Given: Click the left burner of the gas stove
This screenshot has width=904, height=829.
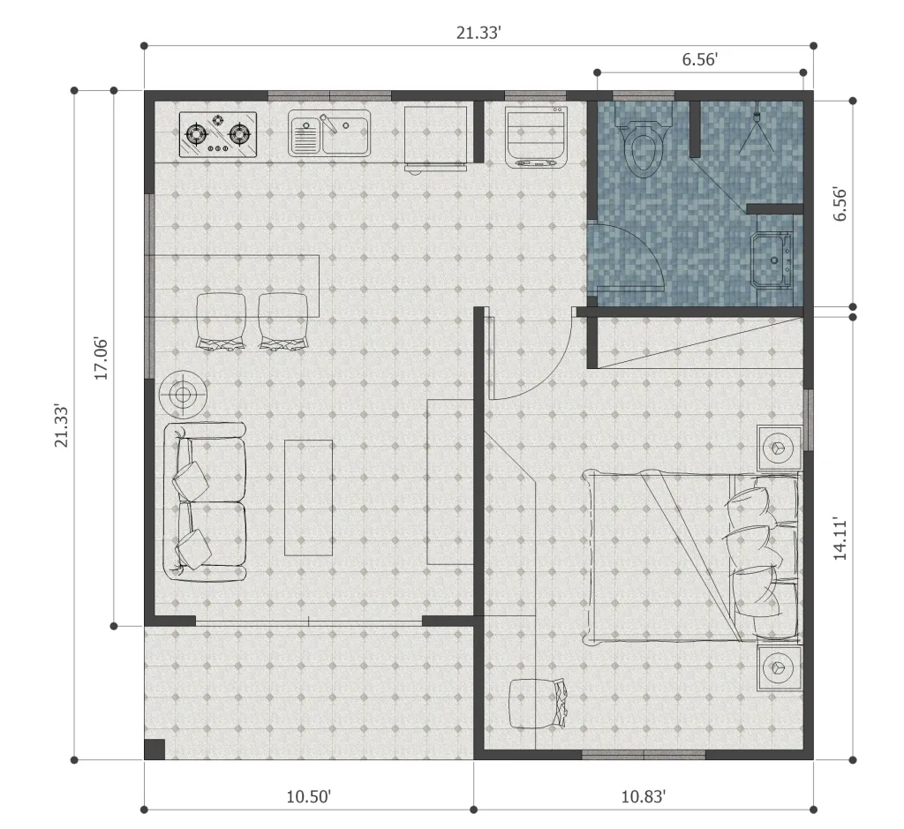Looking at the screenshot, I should [195, 134].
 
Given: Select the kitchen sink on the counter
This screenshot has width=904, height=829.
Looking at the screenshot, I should [330, 134].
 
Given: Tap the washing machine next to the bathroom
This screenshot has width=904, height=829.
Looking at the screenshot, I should [536, 137].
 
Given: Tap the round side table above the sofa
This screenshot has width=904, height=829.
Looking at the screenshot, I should [184, 394].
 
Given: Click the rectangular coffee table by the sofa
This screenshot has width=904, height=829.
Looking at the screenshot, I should [308, 497].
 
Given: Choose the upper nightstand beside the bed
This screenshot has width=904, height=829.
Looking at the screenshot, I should [779, 448].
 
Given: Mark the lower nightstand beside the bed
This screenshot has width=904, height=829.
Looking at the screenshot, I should [779, 667].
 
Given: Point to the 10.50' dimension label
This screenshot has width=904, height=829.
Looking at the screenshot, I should [309, 796].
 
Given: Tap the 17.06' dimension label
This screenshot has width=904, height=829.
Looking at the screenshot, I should [101, 358].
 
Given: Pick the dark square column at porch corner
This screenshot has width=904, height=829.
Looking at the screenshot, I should [154, 749].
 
